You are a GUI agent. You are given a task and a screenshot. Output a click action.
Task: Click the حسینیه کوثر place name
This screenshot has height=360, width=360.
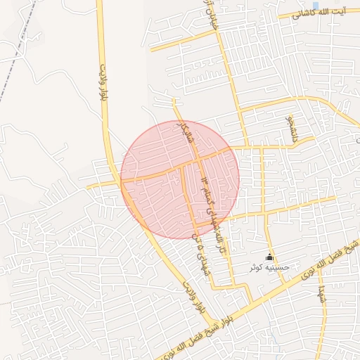(x=265, y=269)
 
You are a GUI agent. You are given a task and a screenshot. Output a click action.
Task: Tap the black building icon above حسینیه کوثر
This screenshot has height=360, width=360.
(x=270, y=258)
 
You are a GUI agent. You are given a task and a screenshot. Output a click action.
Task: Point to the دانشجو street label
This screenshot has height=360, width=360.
(x=289, y=129)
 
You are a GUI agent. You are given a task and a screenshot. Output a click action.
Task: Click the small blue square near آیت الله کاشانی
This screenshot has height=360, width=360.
(x=315, y=6)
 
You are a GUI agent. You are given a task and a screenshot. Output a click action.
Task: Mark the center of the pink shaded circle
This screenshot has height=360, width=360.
(x=180, y=179)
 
